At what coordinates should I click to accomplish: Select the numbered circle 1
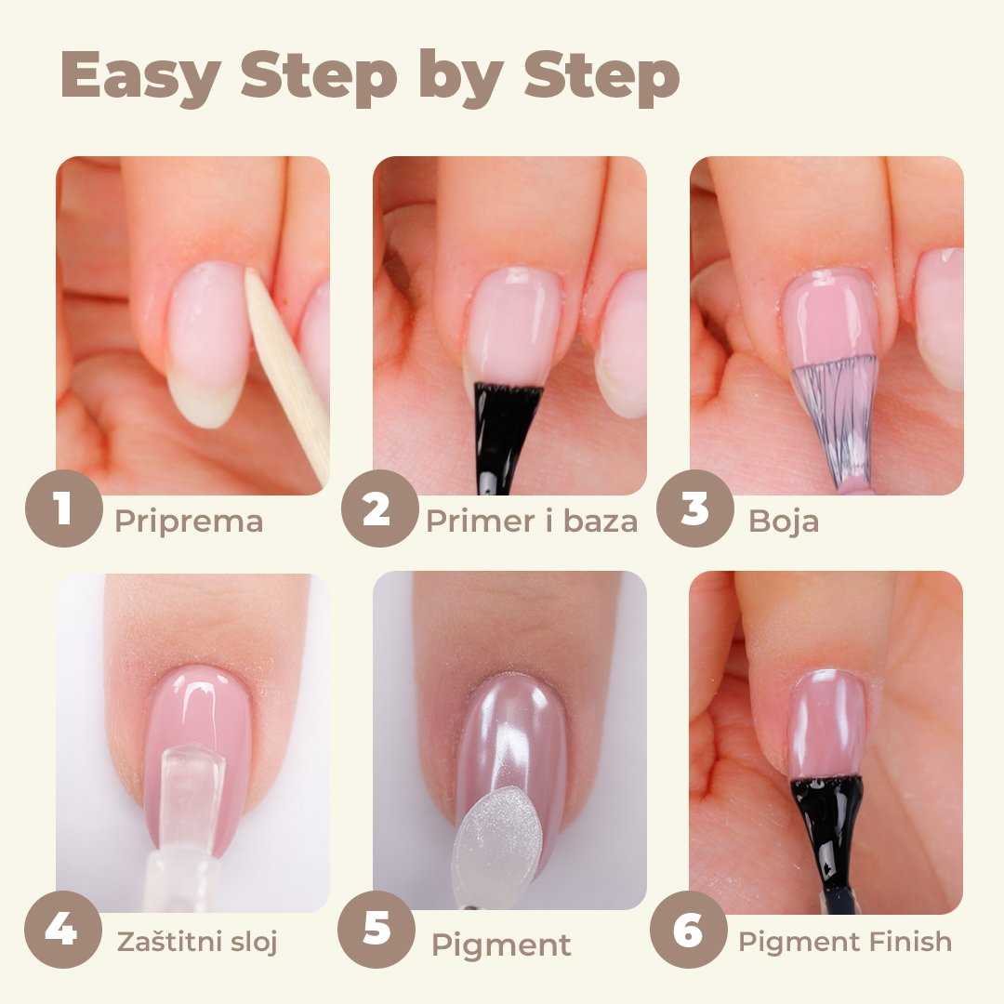63,509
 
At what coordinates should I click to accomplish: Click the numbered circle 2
379,509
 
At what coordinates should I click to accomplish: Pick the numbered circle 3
694,509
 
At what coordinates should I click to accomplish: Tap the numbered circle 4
63,929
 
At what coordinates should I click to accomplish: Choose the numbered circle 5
376,929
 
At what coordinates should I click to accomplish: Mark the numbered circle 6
688,929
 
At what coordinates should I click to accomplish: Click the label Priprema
189,522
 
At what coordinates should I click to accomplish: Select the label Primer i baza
532,522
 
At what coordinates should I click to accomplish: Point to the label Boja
784,522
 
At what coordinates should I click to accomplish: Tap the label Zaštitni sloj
197,943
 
